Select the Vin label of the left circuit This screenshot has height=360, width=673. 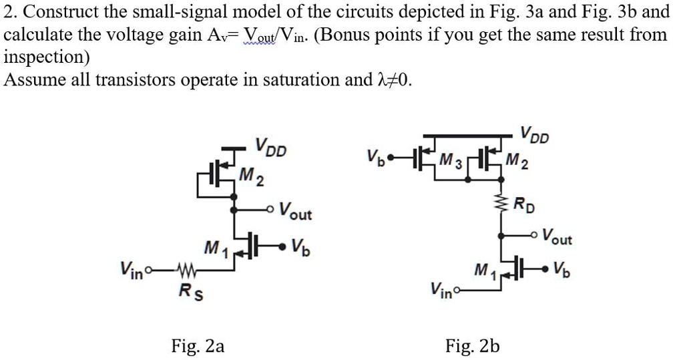point(132,271)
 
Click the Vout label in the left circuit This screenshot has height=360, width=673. point(294,213)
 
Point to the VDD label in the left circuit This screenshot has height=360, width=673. point(271,147)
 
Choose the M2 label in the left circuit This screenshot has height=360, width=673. point(250,177)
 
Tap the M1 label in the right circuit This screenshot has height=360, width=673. point(483,270)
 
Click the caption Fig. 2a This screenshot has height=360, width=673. point(198,345)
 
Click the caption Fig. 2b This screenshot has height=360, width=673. point(473,345)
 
